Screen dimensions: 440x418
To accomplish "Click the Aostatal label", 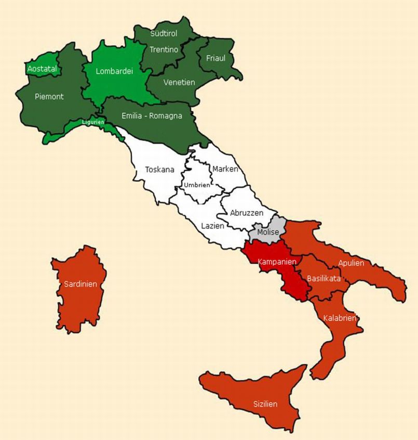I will coord(42,69).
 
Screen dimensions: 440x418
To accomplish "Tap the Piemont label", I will coord(49,96).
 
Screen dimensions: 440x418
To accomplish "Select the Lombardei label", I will coord(115,72).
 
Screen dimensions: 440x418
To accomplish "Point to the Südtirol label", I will coord(164,33).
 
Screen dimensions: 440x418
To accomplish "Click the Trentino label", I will coord(164,49).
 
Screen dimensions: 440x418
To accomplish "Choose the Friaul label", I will coord(215,58).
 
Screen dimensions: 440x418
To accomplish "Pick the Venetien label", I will coord(179,82).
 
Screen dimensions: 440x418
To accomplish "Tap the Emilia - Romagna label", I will coord(152,115).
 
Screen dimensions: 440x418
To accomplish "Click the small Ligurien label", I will coord(93,122).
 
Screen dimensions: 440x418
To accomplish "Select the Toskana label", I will coord(159,169).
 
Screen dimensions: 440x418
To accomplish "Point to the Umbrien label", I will coord(197,185).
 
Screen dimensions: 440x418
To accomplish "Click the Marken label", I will coord(225,169).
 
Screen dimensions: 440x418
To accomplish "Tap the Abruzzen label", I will coord(247,213).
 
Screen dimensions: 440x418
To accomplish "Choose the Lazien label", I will coord(213,226).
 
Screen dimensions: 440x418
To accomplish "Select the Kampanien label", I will coord(277,262).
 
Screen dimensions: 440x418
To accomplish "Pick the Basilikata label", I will coord(323,278).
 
